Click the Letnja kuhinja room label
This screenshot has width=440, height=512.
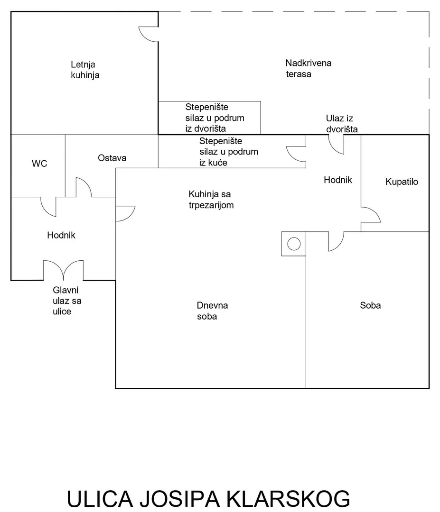click(85, 69)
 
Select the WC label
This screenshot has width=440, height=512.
click(39, 164)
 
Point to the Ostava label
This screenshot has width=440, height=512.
click(112, 158)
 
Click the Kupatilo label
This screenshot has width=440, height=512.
click(402, 182)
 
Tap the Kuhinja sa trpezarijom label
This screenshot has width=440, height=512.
click(211, 200)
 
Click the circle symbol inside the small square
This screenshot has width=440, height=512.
click(294, 244)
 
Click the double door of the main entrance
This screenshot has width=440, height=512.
click(63, 270)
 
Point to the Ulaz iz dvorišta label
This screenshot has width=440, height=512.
click(341, 123)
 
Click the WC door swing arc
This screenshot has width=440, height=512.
click(49, 206)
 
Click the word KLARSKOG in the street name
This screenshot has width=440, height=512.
click(289, 500)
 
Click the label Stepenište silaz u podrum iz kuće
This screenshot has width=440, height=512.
click(228, 151)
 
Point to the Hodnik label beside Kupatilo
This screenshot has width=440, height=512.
click(337, 180)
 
